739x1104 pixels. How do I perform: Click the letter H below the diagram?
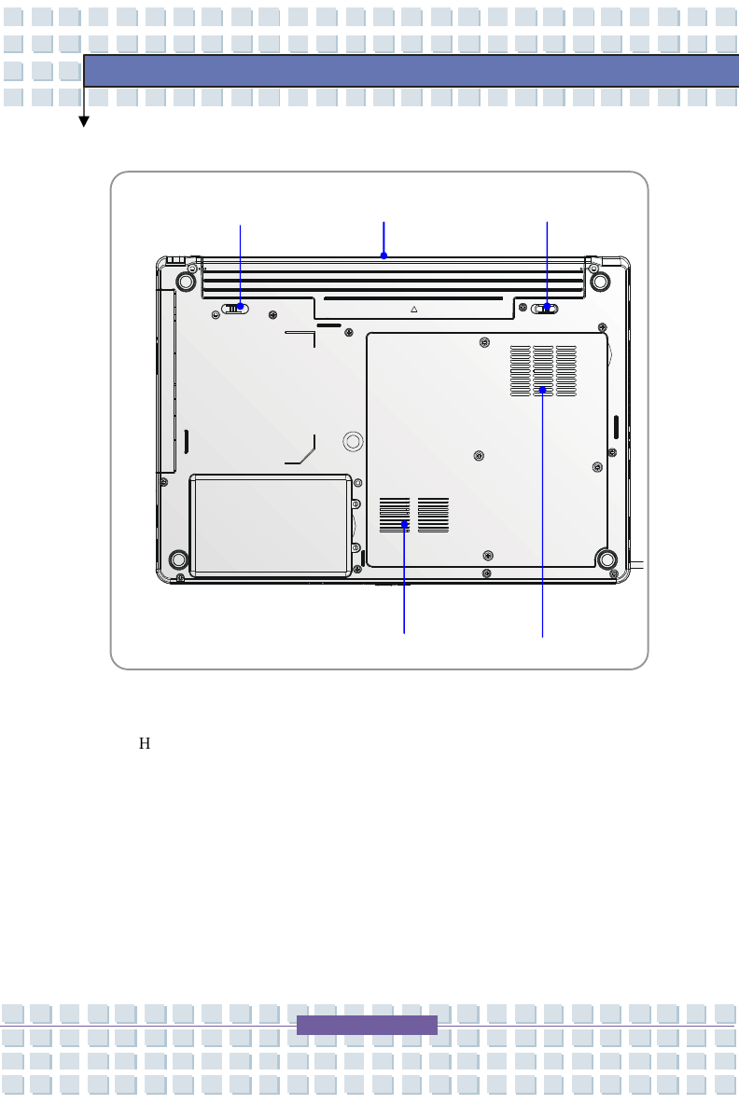(145, 743)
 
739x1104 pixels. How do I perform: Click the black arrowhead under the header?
(84, 122)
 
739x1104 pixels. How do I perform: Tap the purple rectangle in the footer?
(367, 1025)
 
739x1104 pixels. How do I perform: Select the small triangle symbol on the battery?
(414, 309)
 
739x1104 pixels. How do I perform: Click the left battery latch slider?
(234, 308)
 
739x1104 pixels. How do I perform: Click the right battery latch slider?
(545, 308)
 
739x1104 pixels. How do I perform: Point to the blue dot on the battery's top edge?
(383, 255)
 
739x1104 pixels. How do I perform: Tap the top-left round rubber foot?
(186, 282)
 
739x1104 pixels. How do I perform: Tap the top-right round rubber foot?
(600, 282)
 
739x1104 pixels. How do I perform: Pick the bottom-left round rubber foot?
(179, 559)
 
